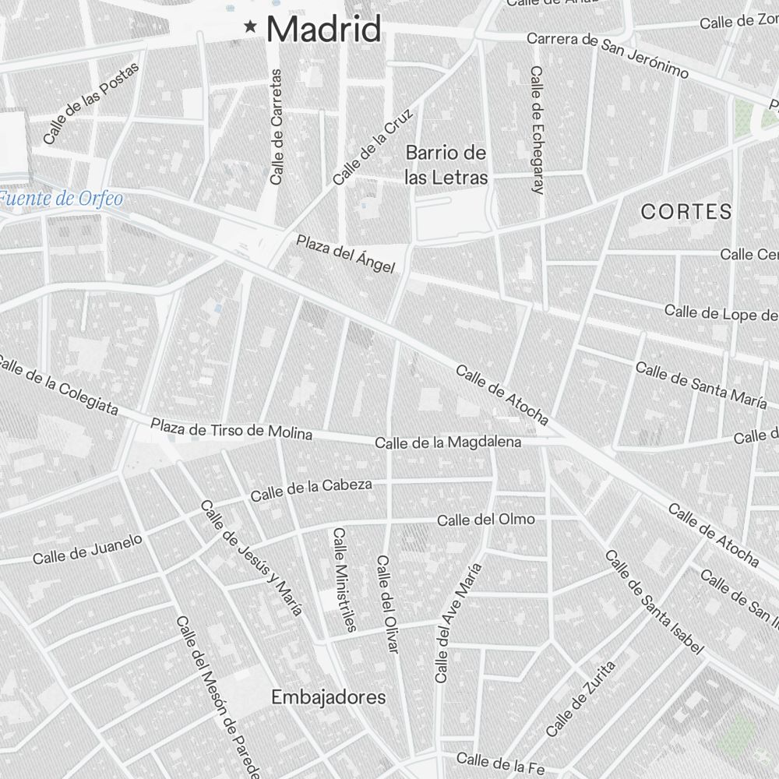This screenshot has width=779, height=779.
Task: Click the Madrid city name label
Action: coord(323,30)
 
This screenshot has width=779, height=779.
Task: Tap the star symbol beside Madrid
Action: coord(251,27)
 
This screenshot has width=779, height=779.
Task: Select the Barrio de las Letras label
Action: coord(446,165)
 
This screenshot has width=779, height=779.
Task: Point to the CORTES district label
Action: coord(686,211)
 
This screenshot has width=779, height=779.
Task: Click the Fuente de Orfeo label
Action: coord(61,199)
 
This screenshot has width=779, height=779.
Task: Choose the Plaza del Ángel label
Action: coord(345,254)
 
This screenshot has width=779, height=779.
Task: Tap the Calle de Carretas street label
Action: coord(276,126)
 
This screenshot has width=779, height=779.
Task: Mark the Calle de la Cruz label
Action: coord(373,146)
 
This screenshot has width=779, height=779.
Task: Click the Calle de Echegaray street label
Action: coord(536,129)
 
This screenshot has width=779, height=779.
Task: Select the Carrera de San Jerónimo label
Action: coord(608,55)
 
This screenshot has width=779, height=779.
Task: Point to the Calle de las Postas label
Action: coord(91,103)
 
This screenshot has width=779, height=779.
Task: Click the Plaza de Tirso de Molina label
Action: coord(231,429)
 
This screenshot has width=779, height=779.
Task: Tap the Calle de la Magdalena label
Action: coord(448,442)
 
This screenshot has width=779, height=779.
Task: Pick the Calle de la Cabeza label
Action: coord(311,489)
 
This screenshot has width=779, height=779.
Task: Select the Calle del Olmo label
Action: coord(486,520)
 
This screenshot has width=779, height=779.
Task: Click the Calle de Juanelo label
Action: coord(87,548)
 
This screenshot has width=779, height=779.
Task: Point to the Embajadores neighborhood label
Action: coord(328,698)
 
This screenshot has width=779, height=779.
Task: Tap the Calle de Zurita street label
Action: coord(580,699)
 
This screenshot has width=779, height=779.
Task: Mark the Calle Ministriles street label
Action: coord(344,579)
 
